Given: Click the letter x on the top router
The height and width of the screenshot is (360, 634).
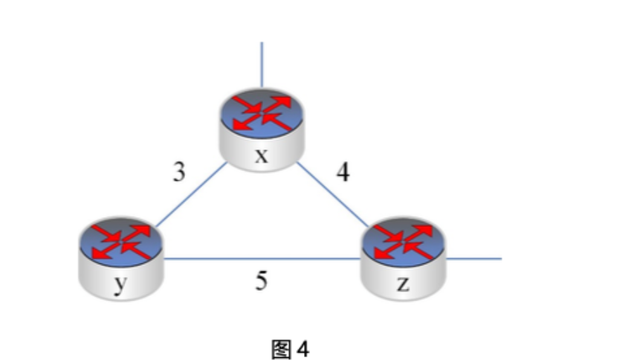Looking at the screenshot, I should point(261,156).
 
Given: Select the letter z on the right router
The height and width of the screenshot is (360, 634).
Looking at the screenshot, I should point(403,285).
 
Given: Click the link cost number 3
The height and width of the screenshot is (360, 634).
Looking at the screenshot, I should point(178,173).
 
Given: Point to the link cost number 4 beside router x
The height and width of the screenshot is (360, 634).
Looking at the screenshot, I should point(343,173).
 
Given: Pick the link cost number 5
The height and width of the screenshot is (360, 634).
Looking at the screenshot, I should point(262,280).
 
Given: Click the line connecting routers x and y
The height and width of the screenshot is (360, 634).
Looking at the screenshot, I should point(190,194).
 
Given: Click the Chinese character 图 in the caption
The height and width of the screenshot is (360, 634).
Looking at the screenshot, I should point(281,347).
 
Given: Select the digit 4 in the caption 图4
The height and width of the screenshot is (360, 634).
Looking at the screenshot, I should point(302,347).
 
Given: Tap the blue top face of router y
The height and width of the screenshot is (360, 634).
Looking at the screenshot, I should point(120,242).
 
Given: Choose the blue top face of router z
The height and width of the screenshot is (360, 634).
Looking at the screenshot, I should point(404,242).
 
